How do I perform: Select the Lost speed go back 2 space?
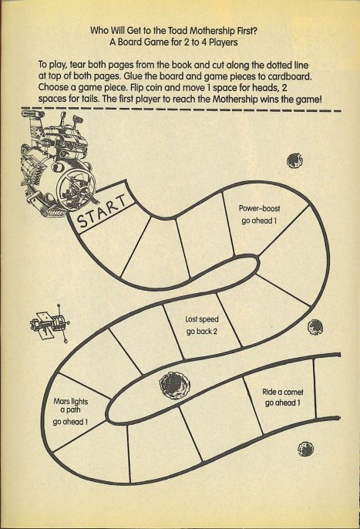click(203, 325)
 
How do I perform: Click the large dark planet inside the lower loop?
click(175, 385)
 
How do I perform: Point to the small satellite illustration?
click(50, 324)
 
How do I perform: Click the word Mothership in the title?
click(212, 31)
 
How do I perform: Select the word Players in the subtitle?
click(224, 42)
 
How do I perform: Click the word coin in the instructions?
click(154, 88)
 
